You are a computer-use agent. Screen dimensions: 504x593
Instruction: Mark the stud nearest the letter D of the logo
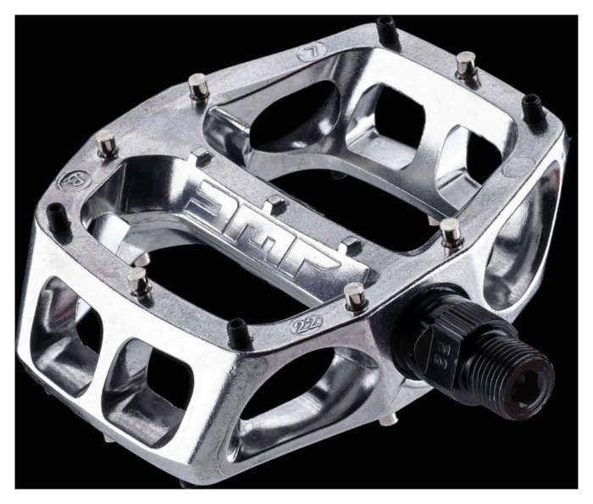click(202, 156)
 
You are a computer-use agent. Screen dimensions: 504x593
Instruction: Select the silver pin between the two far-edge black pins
click(465, 64)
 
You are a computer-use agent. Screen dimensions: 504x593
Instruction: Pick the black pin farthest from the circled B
click(531, 105)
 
